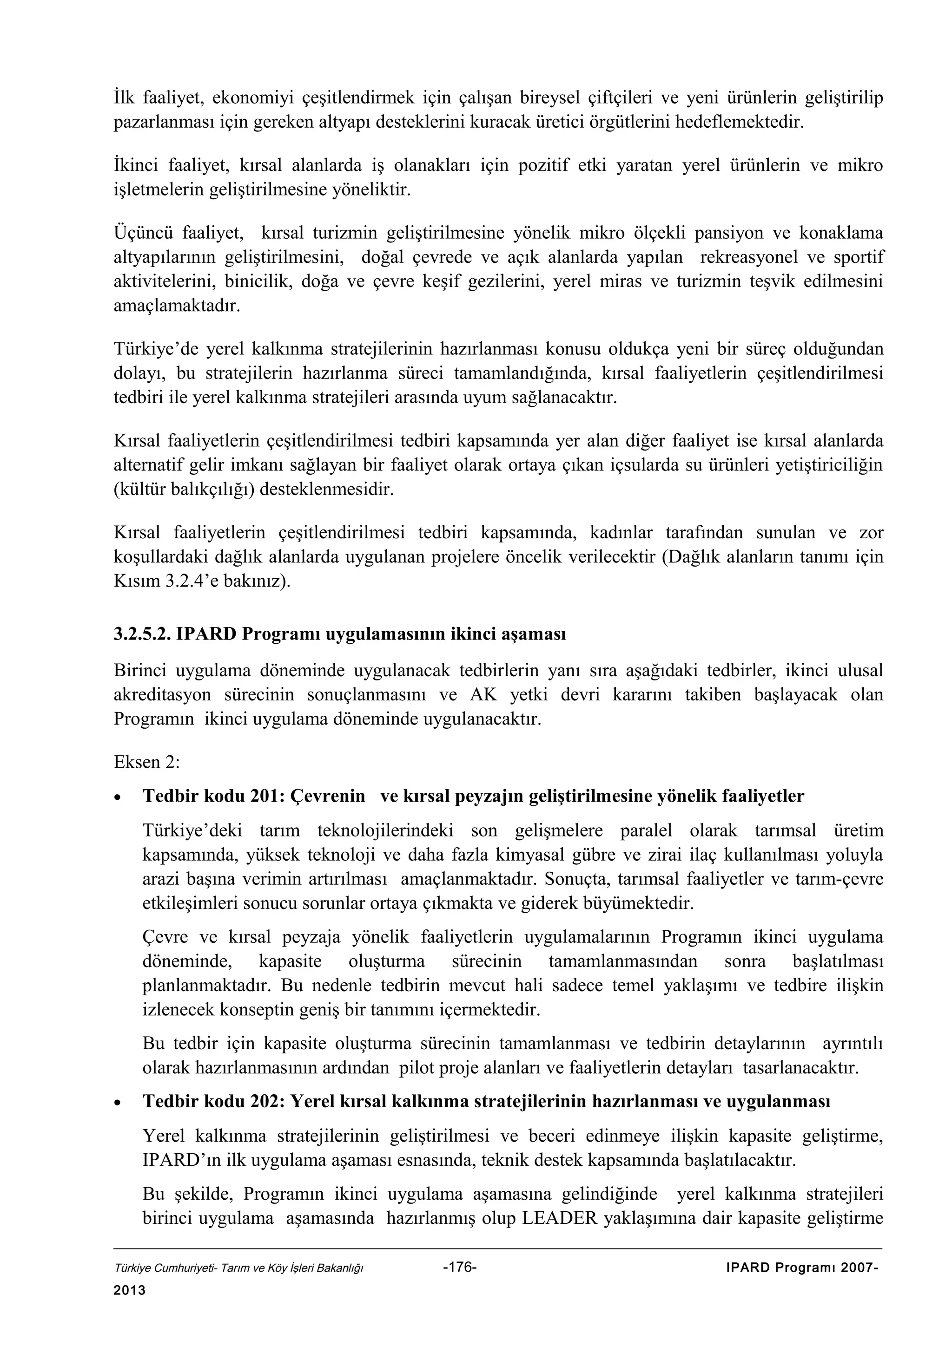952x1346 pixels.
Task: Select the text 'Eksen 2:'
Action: tap(146, 762)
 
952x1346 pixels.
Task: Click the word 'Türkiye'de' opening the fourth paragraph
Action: tap(155, 349)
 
